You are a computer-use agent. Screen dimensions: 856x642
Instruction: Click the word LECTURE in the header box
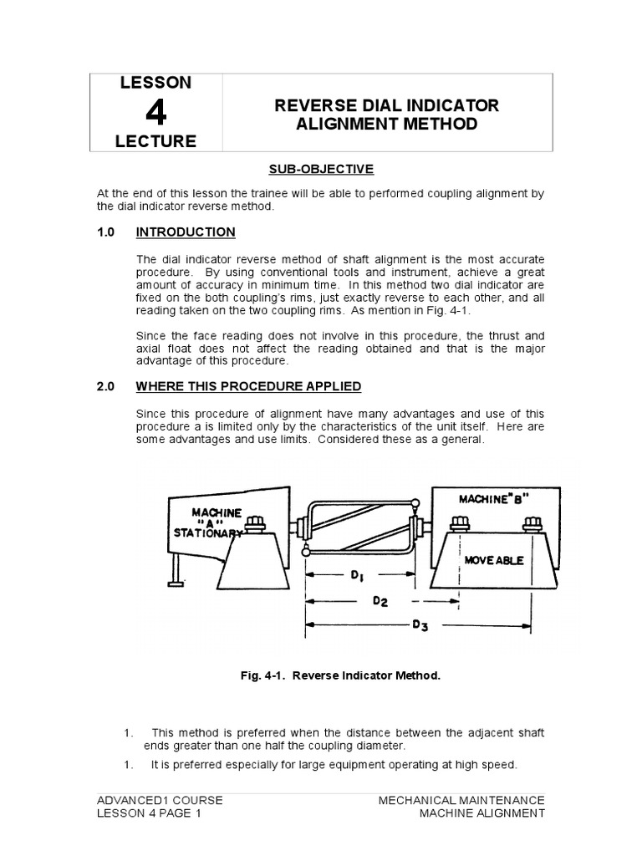point(155,141)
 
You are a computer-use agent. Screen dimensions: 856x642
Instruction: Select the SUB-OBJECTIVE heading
point(321,170)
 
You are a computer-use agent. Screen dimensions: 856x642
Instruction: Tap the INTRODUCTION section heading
point(186,232)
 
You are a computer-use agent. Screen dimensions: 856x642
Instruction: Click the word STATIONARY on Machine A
point(209,532)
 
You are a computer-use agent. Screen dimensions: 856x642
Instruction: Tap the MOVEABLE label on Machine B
point(494,560)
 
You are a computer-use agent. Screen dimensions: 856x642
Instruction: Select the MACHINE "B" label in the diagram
point(491,500)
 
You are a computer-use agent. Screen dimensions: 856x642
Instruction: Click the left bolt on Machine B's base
point(458,524)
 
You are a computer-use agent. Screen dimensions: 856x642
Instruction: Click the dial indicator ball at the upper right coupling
point(415,503)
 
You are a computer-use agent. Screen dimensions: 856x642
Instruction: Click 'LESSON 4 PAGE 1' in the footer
point(150,813)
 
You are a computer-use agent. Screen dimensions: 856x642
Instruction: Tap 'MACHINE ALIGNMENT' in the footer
point(482,813)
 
